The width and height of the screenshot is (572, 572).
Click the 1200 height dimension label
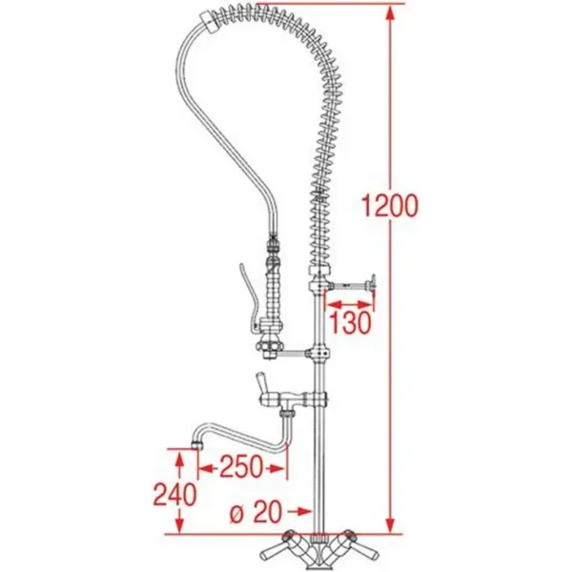tap(390, 205)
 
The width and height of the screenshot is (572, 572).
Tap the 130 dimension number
tap(350, 322)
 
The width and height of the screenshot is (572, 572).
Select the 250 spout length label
tap(241, 466)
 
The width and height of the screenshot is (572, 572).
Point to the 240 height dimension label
tap(175, 495)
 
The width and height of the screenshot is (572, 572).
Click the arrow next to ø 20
tap(300, 512)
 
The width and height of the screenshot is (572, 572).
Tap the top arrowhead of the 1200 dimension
tap(390, 16)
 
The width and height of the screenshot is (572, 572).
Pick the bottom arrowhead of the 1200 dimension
tap(390, 522)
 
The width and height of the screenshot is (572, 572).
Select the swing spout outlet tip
tap(197, 444)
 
